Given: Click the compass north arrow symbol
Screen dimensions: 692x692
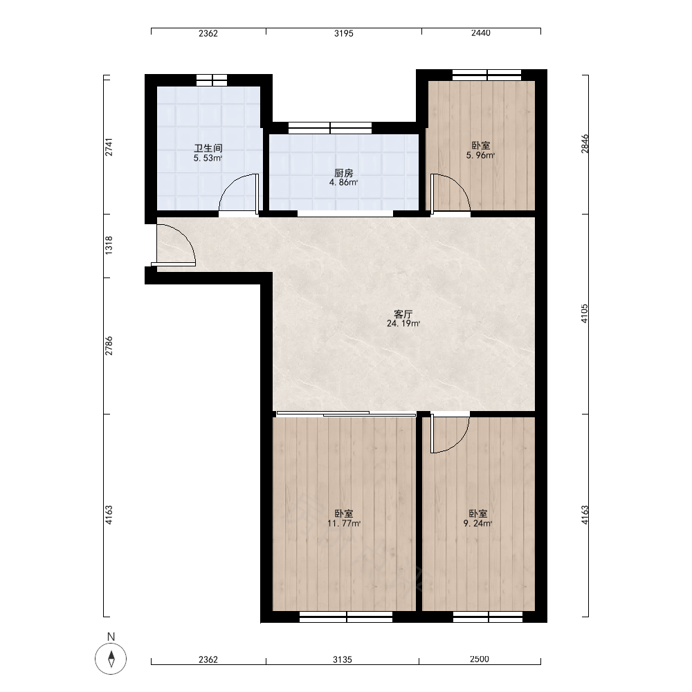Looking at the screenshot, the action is click(x=111, y=659).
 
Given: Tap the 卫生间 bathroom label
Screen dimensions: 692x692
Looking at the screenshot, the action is click(x=208, y=148).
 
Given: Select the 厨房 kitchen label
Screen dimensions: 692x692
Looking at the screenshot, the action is click(x=343, y=173).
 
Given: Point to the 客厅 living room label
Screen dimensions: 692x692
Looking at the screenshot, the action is click(x=403, y=314).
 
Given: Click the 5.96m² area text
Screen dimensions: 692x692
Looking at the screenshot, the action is click(x=481, y=155).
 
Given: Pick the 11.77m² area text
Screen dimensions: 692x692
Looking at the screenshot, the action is click(x=344, y=524).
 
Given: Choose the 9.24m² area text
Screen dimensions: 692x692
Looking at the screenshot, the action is click(x=478, y=524).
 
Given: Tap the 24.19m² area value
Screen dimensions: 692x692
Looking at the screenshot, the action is click(x=403, y=323).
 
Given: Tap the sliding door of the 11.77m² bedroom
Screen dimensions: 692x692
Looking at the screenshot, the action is click(x=346, y=414).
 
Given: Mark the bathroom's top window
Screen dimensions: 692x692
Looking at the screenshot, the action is click(x=211, y=80).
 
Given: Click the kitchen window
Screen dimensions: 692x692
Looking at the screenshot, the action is click(x=329, y=128).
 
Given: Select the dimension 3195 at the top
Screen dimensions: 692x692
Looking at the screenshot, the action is click(x=343, y=33).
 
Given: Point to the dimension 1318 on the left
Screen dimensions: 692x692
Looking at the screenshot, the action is click(x=109, y=245).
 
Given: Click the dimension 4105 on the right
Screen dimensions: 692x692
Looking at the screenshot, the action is click(x=584, y=313).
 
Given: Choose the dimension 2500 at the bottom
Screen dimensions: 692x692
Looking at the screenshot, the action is click(x=480, y=659).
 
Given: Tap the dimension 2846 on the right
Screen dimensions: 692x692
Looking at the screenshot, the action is click(x=584, y=144).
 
